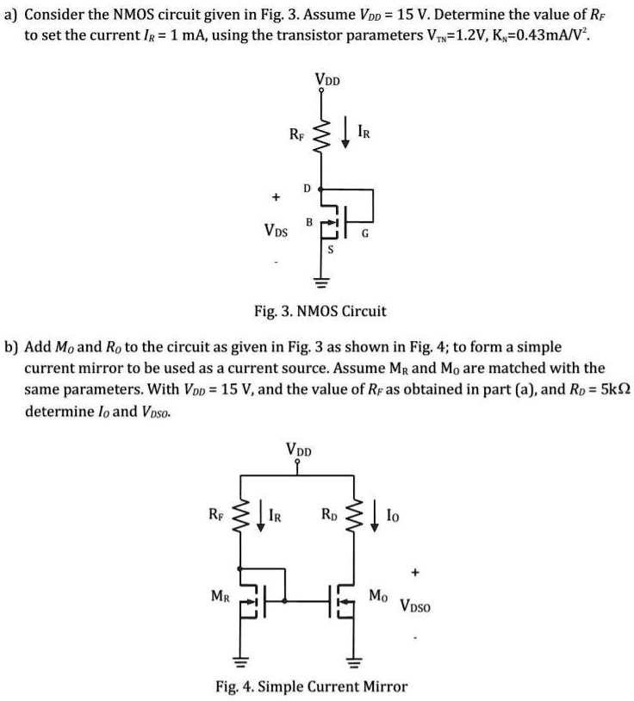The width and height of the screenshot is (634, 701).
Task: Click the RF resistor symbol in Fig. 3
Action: pos(321,137)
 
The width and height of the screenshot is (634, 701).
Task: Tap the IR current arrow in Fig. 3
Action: pos(345,137)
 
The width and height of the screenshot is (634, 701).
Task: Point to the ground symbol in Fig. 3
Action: pos(321,283)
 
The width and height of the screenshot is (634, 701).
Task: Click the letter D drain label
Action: pos(307,188)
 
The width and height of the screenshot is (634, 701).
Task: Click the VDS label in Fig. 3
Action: pos(277,232)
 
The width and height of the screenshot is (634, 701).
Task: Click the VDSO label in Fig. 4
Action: pos(420,605)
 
